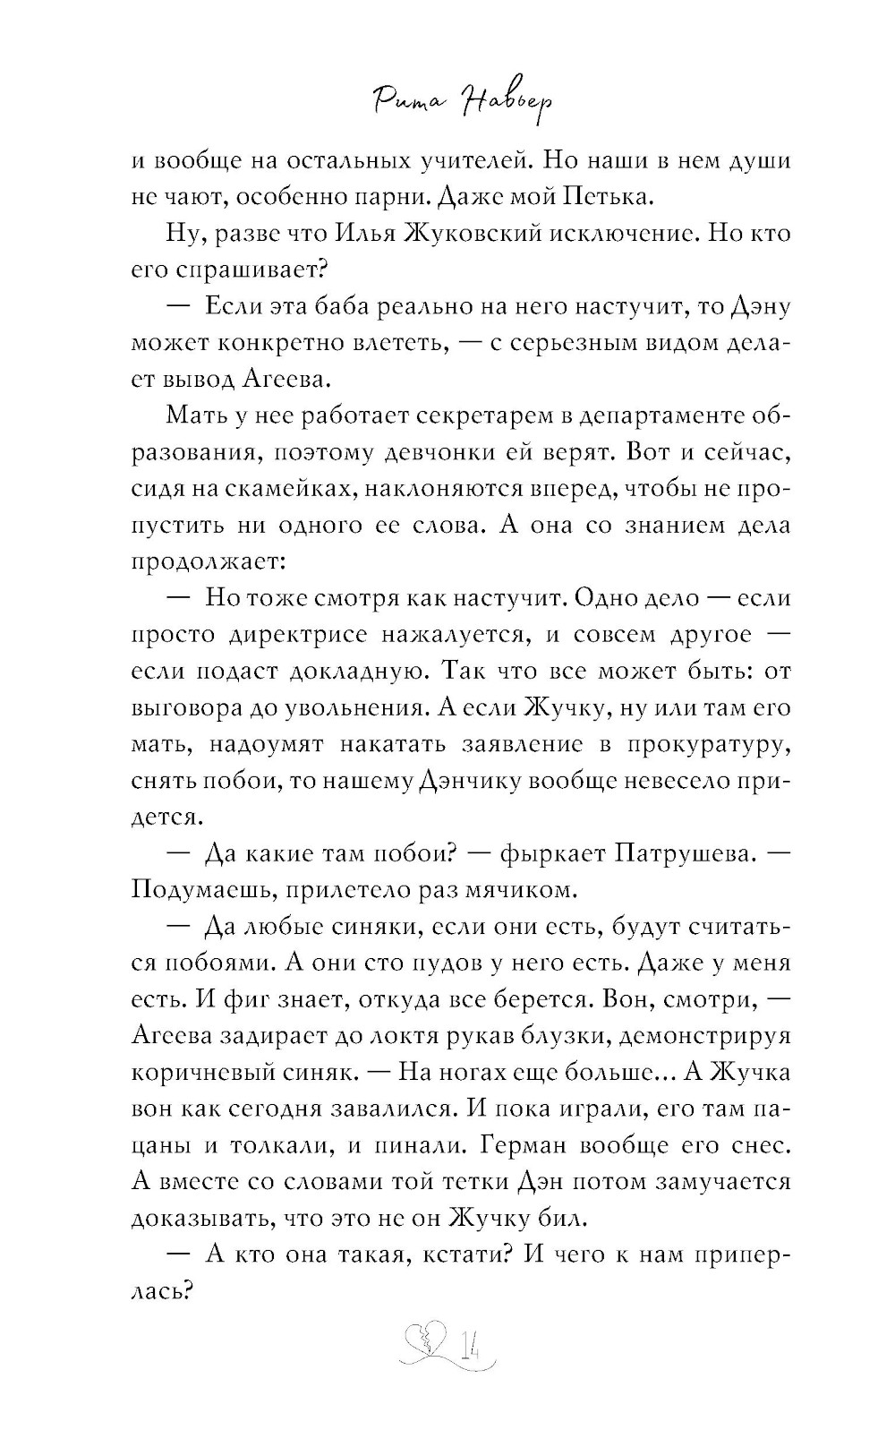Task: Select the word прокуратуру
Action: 706,744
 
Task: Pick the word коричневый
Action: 197,1073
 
